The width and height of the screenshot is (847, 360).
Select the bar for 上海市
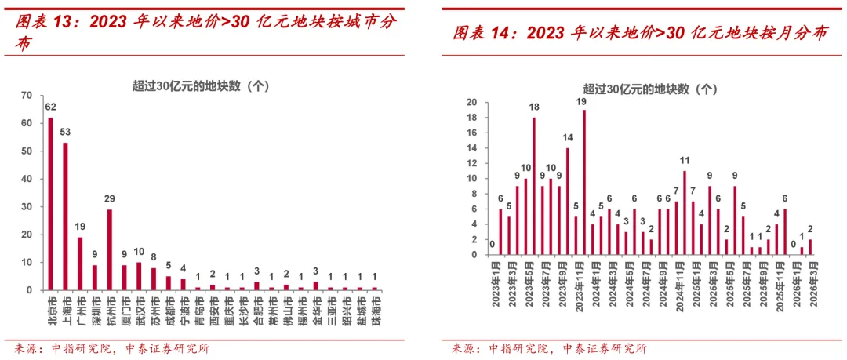[x=65, y=216]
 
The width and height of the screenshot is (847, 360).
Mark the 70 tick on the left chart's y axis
[x=27, y=96]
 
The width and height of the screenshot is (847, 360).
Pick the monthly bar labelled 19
[x=584, y=182]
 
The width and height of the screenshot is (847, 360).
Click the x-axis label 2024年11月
[x=684, y=291]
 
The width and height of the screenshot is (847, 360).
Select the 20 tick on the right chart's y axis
[x=472, y=103]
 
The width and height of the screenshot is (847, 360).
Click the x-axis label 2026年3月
[x=809, y=291]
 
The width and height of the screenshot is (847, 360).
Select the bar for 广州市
[x=80, y=264]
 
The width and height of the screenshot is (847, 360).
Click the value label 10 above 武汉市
[x=139, y=253]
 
